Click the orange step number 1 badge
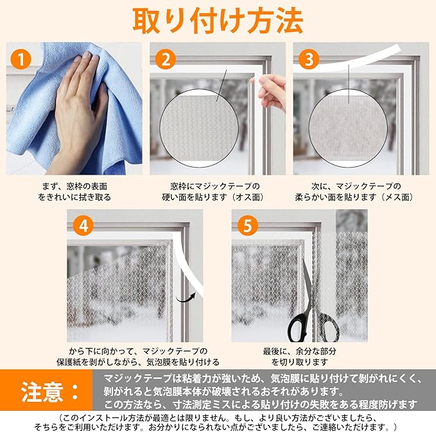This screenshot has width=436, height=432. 21,59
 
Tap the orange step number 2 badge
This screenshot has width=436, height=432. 166,59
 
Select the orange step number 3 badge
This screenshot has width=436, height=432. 309,59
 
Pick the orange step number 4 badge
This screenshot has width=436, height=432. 83,226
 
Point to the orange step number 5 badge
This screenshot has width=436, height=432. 247,226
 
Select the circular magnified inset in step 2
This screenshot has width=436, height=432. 199,128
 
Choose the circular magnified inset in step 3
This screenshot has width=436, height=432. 348,128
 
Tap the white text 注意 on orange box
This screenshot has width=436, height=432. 42,392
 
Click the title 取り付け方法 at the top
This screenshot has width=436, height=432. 218,21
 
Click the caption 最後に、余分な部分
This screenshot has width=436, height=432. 299,351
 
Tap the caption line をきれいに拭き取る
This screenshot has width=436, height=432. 74,197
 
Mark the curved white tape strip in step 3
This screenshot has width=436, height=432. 347,60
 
